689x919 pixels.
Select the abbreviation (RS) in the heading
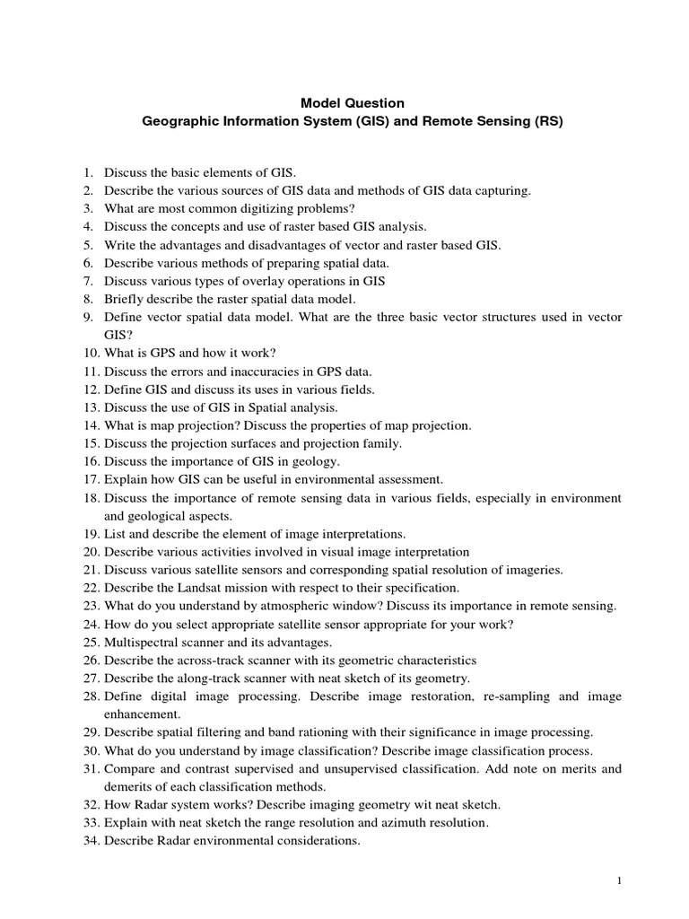[x=546, y=122]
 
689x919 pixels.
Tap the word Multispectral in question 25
[x=138, y=643]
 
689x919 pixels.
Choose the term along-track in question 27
[x=196, y=678]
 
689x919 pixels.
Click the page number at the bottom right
[x=619, y=882]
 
